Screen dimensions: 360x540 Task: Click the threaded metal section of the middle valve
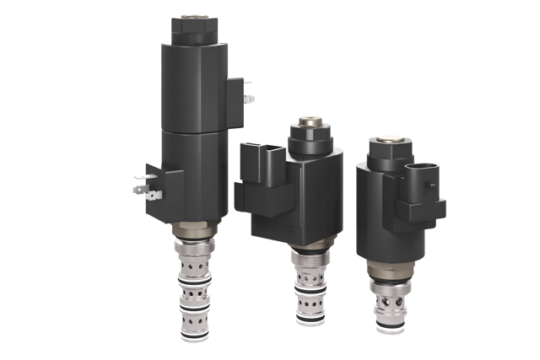tap(309, 261)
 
